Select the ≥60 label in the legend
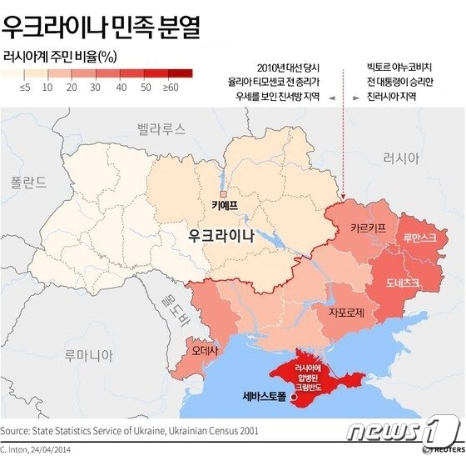pos(171,87)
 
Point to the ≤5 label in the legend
pos(25,87)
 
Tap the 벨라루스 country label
pos(161,128)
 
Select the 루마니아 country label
pos(88,356)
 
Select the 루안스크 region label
pos(419,238)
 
